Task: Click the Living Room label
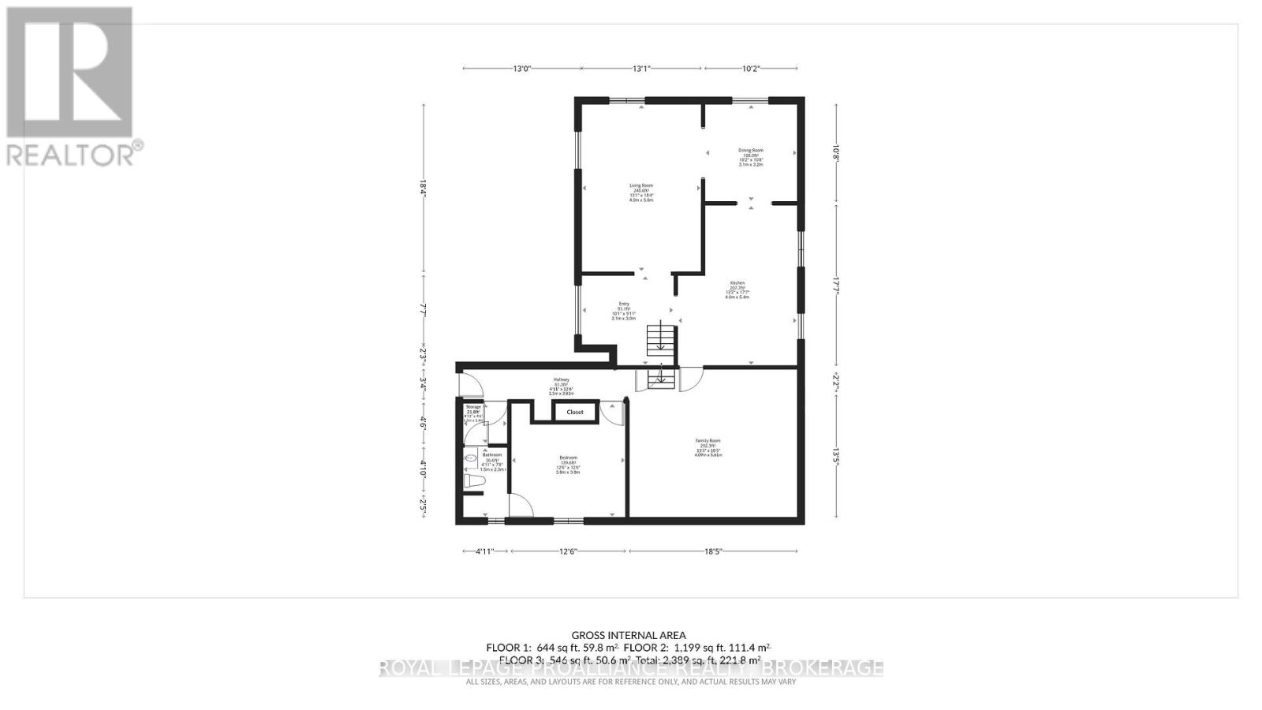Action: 640,186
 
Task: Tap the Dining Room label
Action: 750,150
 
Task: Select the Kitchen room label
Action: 737,283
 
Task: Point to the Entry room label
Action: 624,304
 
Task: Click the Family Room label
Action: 708,441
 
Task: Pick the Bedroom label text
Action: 568,458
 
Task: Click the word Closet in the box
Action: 574,412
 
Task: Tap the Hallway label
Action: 561,379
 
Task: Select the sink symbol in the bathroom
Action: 470,456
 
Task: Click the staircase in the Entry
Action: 662,340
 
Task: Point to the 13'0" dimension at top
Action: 521,69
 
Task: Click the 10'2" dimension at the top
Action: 751,69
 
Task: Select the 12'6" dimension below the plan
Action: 568,551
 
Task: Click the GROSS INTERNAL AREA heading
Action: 629,635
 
